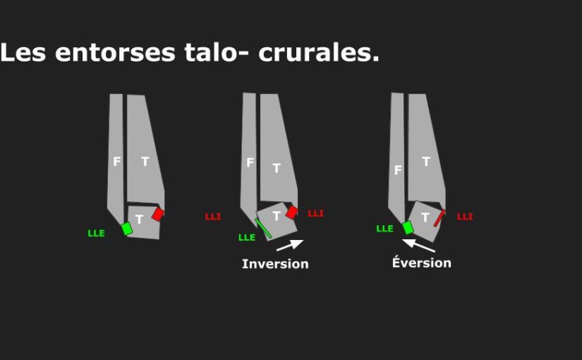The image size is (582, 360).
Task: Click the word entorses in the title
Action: [115, 53]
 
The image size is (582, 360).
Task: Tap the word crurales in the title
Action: [319, 53]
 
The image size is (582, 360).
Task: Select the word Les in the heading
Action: [23, 52]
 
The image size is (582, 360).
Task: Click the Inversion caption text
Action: [275, 264]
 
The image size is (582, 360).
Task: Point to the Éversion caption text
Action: [422, 263]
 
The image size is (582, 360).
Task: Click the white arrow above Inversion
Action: [290, 245]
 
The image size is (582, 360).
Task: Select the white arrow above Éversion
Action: [418, 245]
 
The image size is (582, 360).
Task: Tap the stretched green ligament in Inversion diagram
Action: [263, 229]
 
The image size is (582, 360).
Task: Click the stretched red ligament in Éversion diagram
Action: [439, 218]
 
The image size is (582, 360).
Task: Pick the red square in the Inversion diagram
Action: [291, 212]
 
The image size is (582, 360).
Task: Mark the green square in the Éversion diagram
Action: [408, 228]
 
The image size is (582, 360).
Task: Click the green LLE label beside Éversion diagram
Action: [384, 229]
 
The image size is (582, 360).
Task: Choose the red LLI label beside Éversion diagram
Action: [465, 217]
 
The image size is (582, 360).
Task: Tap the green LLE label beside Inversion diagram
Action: [247, 237]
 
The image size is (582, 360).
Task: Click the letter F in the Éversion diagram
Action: [398, 170]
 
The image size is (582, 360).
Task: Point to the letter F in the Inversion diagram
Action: [250, 162]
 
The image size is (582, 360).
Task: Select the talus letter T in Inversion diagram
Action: [276, 216]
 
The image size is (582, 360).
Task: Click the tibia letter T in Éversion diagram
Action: [426, 162]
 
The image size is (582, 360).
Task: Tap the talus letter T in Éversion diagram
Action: [425, 217]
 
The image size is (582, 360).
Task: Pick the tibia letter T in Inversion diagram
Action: [277, 168]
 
